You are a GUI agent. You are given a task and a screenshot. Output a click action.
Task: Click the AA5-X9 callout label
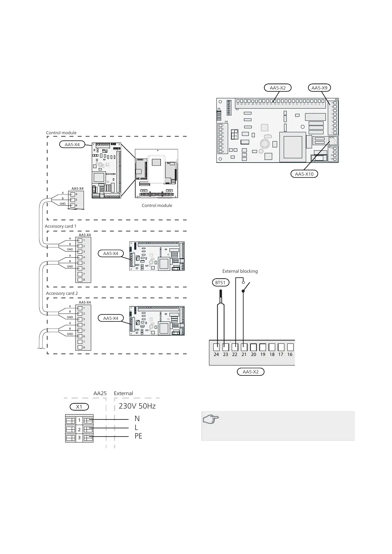click(319, 88)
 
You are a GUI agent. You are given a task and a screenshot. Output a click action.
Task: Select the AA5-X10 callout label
click(304, 174)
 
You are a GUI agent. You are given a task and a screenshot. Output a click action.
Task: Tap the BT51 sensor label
click(220, 283)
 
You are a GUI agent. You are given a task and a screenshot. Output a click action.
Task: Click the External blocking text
click(240, 271)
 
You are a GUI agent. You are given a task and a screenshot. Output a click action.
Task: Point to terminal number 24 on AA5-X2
click(216, 354)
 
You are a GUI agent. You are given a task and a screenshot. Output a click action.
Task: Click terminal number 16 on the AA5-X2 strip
click(290, 354)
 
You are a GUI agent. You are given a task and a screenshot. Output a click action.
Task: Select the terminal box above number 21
click(244, 347)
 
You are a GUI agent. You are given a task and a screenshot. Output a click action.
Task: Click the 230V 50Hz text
click(137, 406)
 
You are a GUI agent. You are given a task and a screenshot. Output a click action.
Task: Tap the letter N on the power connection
click(137, 419)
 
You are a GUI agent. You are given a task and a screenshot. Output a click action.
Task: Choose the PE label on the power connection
click(138, 436)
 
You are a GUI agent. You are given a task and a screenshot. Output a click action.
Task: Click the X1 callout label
click(79, 407)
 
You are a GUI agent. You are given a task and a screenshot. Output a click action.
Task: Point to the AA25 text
click(100, 393)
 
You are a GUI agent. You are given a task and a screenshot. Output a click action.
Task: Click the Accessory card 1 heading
click(61, 226)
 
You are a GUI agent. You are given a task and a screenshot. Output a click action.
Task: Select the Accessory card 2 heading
click(62, 293)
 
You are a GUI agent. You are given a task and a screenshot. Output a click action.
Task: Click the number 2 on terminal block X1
click(79, 429)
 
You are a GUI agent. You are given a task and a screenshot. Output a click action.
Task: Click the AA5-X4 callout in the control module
click(72, 144)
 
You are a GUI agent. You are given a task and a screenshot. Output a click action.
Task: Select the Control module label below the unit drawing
click(157, 206)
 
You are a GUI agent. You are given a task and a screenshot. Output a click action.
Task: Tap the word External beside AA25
click(123, 393)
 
